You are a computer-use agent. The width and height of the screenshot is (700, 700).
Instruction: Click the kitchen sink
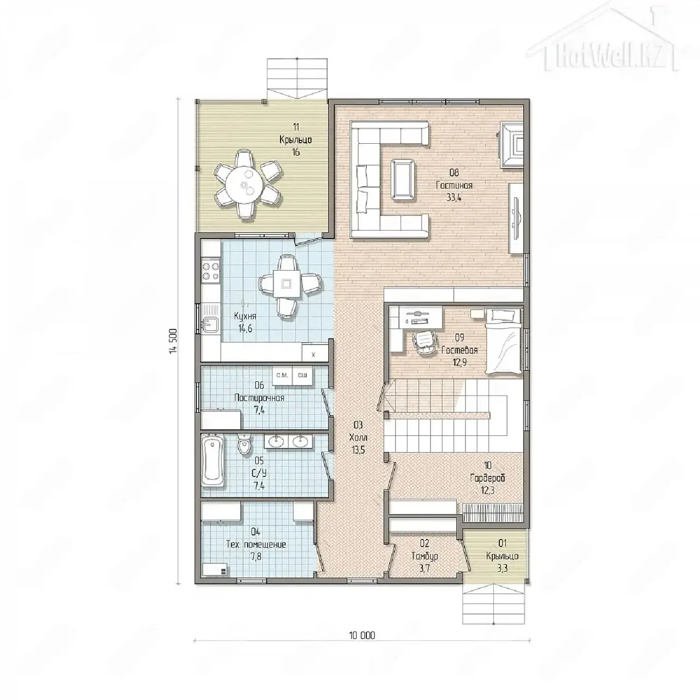point(211,325)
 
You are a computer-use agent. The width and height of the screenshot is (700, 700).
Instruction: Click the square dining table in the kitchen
point(287,283)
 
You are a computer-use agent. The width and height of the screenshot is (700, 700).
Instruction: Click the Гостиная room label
point(454,185)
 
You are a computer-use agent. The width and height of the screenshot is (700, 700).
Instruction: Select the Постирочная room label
point(259,398)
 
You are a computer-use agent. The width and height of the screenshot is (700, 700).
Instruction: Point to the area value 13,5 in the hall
point(358,450)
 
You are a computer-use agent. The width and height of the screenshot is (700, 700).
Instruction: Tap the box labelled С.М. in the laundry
point(282,375)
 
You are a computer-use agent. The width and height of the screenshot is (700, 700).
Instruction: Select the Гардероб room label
point(487,478)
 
